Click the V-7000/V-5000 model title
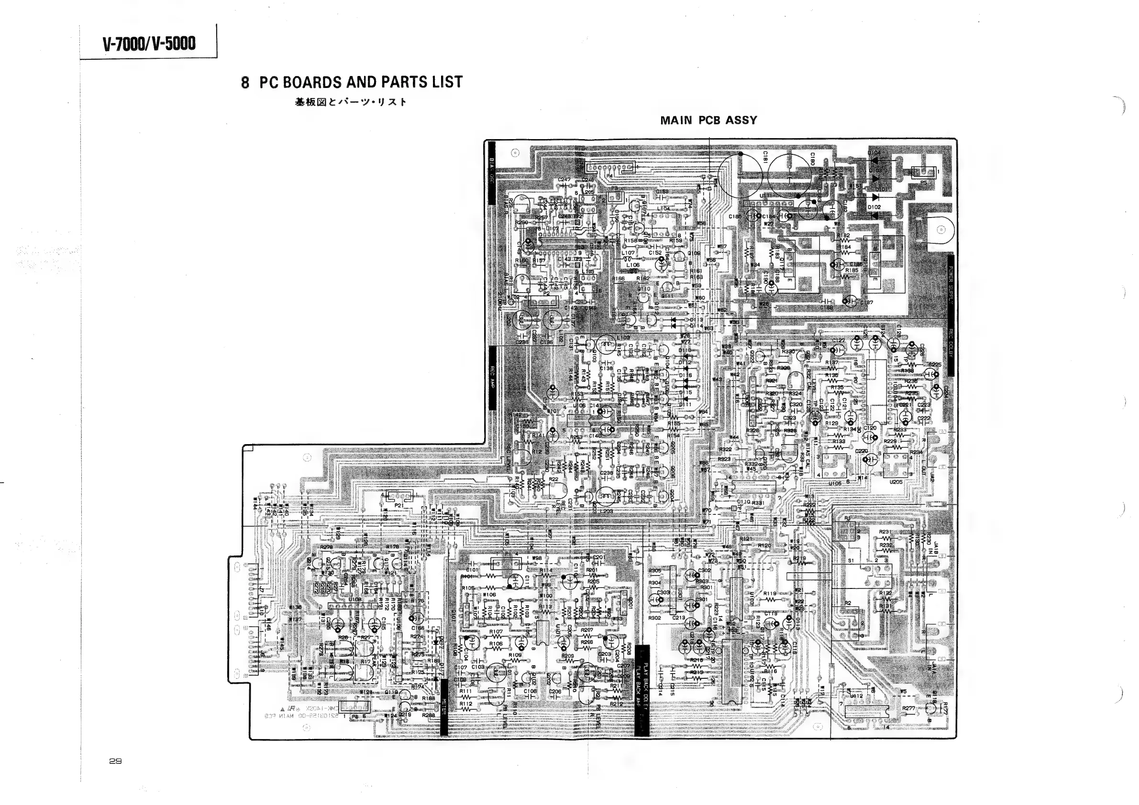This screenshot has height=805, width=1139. click(149, 44)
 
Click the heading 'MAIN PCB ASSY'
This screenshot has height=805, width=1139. click(708, 120)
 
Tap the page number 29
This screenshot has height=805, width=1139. click(115, 761)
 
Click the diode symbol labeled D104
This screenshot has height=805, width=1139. click(874, 160)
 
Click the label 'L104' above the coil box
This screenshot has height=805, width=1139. click(663, 209)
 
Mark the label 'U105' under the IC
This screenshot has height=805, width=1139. click(835, 483)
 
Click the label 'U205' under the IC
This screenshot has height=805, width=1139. click(896, 482)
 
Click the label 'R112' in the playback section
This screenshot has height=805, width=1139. click(466, 703)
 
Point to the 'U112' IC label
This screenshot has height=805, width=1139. click(857, 696)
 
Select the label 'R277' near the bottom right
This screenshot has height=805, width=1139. click(908, 708)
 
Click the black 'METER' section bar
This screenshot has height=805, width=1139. click(444, 707)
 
